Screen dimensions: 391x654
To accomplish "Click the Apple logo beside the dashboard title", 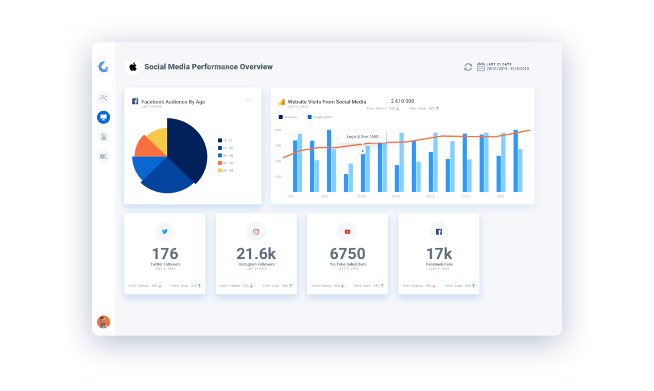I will tap(133, 67).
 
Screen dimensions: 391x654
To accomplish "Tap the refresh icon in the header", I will tap(468, 67).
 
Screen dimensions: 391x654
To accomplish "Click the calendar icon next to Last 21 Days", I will tap(480, 67).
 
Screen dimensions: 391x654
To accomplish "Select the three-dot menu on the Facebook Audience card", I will tap(248, 100).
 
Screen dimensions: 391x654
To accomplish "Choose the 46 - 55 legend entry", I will tap(226, 163).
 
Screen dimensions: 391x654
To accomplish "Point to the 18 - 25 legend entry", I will tap(225, 140).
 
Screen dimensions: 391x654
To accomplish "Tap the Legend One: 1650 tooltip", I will tap(363, 137).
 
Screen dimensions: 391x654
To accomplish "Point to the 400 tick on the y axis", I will tap(278, 130).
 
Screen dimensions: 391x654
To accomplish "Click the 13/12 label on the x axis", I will tap(395, 197).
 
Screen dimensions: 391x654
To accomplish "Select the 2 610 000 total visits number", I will tap(402, 101).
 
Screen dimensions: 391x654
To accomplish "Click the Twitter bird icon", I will tap(165, 232).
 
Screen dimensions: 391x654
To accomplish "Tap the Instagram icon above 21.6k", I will tap(256, 232).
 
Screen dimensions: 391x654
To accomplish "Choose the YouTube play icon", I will tap(348, 232).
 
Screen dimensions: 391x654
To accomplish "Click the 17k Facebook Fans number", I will tap(439, 254).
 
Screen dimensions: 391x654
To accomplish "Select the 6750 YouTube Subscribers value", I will tap(348, 254).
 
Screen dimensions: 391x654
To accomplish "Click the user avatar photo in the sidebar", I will tap(104, 322).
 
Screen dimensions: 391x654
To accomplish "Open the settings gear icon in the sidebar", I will tap(104, 156).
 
